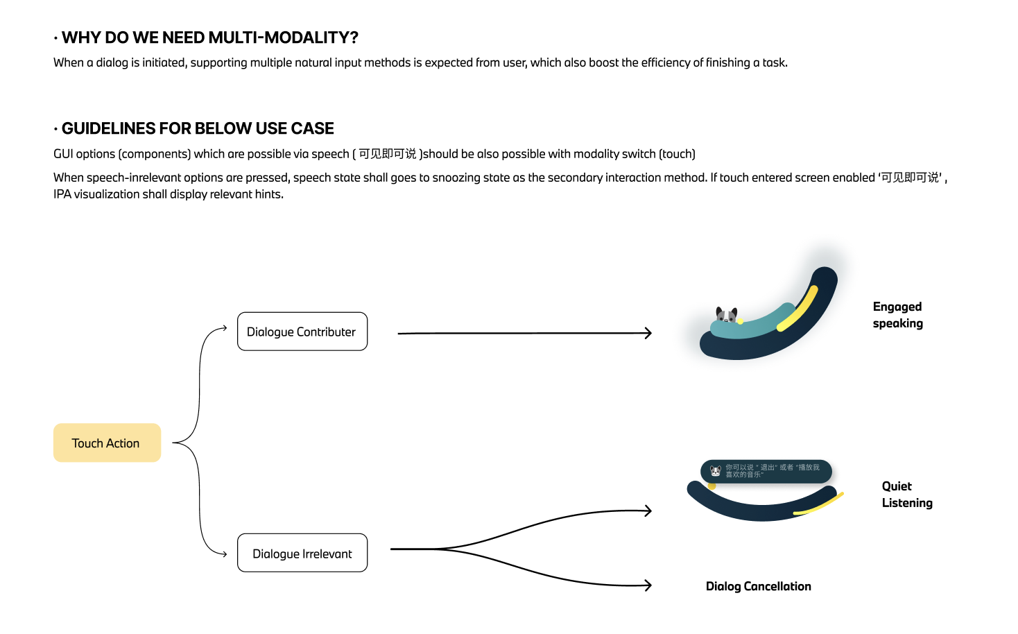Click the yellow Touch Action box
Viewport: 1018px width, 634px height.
coord(107,443)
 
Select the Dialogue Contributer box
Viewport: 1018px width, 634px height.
coord(302,332)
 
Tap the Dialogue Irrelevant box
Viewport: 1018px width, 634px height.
coord(302,553)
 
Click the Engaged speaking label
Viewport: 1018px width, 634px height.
coord(897,315)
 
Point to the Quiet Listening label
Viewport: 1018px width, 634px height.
coord(906,495)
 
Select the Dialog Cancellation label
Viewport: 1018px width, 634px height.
coord(758,586)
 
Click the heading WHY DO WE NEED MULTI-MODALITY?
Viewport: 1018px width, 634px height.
coord(209,37)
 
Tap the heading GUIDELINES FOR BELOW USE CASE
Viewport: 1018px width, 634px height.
coord(198,128)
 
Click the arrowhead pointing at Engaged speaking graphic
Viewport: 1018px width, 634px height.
coord(648,333)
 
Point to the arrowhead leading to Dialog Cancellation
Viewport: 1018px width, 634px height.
coord(648,585)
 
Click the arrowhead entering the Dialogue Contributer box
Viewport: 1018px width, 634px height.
coord(223,328)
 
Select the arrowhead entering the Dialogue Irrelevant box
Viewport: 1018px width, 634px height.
coord(223,554)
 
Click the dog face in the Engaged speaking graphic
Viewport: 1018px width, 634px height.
coord(726,316)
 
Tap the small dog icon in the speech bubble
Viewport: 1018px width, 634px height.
coord(716,471)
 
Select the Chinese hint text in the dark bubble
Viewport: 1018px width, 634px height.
coord(772,471)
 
